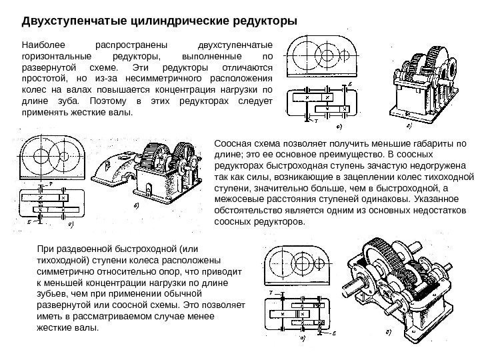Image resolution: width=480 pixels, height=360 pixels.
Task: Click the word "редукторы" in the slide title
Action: tap(257, 19)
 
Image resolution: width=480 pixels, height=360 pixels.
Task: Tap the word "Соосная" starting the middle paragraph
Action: tap(231, 143)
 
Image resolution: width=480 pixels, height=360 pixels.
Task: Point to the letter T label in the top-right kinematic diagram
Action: tap(308, 122)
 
